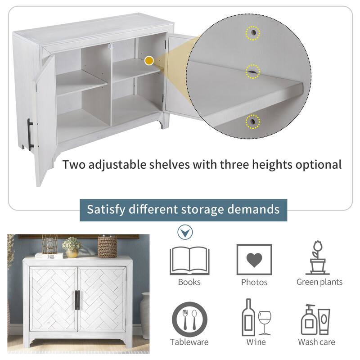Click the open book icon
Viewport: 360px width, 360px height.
(x=189, y=261)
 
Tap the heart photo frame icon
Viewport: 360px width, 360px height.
(x=254, y=260)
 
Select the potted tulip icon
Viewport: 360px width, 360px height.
(x=318, y=257)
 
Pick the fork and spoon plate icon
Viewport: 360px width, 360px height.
(x=189, y=319)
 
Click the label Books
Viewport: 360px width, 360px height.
(x=189, y=282)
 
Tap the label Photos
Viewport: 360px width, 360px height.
(x=254, y=282)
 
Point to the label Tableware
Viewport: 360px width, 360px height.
(x=189, y=342)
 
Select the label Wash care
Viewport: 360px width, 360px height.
(x=317, y=342)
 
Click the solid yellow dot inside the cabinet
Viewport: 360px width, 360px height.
(x=149, y=61)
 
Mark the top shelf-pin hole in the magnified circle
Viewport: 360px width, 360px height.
(x=253, y=33)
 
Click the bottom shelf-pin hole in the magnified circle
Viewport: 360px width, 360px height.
(x=252, y=121)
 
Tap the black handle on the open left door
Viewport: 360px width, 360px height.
(x=30, y=135)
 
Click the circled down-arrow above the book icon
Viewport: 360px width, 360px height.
(x=185, y=232)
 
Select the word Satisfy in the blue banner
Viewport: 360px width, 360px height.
(x=106, y=209)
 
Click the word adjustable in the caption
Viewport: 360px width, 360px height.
(x=117, y=165)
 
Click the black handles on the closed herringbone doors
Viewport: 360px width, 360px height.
(x=77, y=300)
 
